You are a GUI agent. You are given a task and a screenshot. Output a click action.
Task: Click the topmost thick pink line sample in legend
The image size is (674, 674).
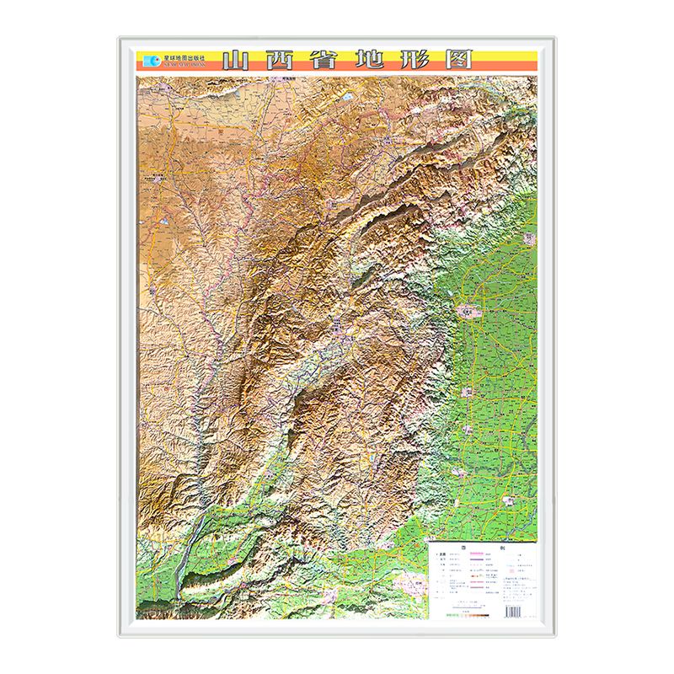[x=477, y=554]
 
